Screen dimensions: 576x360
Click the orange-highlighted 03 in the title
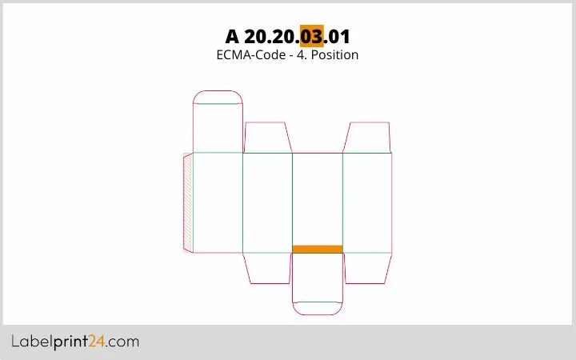click(311, 36)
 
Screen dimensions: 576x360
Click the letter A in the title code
click(232, 36)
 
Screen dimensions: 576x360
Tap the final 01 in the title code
click(338, 36)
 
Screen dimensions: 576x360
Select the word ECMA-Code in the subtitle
click(251, 54)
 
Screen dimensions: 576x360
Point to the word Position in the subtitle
click(334, 54)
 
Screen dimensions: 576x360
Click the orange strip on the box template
click(318, 249)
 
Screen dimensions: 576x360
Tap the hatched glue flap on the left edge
click(188, 202)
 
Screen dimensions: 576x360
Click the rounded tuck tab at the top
click(218, 97)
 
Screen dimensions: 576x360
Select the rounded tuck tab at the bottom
click(318, 309)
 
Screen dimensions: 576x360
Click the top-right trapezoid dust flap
click(367, 138)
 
